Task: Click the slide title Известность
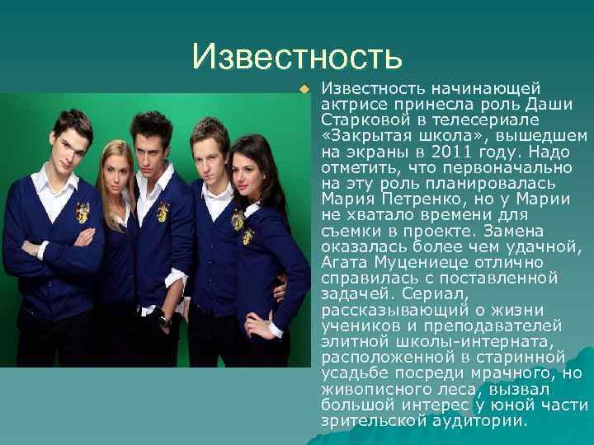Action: pos(296,56)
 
